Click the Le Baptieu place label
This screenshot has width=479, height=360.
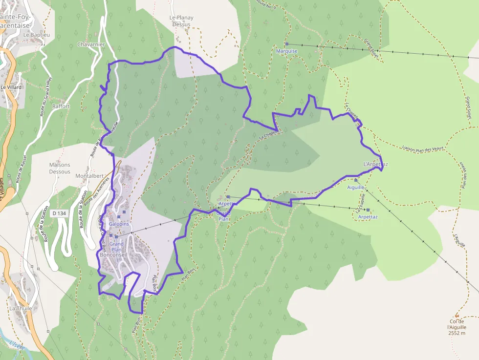(x=37, y=35)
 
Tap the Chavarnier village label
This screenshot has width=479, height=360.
(x=91, y=44)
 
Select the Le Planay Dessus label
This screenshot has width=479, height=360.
(x=181, y=21)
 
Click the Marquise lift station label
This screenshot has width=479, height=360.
(x=287, y=51)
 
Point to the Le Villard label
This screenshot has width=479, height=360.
(x=11, y=87)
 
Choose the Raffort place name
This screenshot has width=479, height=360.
(x=61, y=106)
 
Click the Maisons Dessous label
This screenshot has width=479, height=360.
(x=60, y=169)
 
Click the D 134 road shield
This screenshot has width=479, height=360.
(x=58, y=213)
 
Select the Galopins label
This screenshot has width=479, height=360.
(x=119, y=224)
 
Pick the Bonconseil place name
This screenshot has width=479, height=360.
(x=113, y=255)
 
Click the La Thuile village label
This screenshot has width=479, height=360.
(x=20, y=308)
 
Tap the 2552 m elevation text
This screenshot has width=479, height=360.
(x=456, y=333)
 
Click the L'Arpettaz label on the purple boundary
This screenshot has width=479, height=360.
(x=376, y=164)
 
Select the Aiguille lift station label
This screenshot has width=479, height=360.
(x=356, y=187)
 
